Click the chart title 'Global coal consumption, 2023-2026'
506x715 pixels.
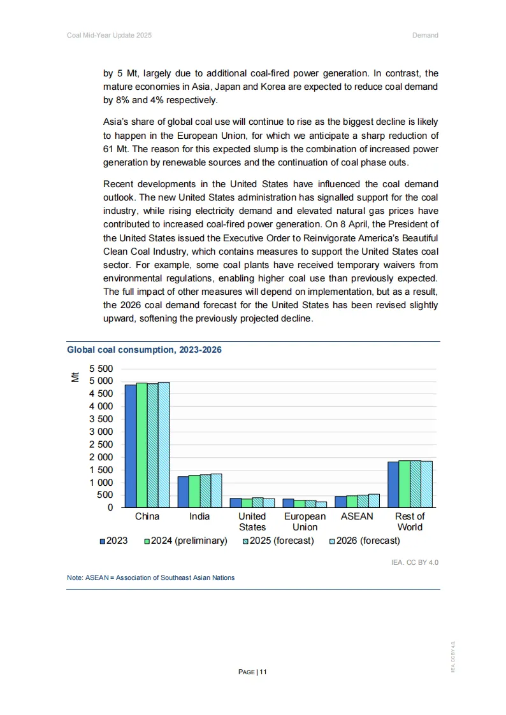tap(144, 350)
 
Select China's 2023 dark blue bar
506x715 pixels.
tap(130, 446)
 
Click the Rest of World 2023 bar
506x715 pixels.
tap(393, 485)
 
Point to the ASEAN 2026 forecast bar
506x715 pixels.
tap(373, 500)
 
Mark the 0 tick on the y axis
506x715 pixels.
tap(110, 507)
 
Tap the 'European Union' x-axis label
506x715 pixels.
tap(305, 521)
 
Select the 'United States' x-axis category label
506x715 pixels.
tap(252, 521)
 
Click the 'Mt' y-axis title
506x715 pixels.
tap(75, 377)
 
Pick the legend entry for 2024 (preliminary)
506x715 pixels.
tap(185, 541)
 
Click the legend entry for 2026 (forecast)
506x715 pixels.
tap(364, 541)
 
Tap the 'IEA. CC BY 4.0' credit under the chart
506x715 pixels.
tap(415, 562)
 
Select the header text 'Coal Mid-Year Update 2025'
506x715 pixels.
tap(109, 35)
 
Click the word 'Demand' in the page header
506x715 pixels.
tap(425, 35)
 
